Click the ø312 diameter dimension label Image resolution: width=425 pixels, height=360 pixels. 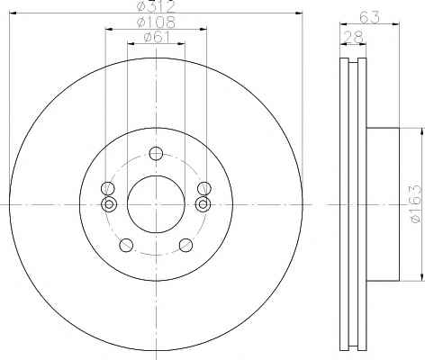pos(156,6)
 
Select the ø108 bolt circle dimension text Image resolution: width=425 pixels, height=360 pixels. pos(156,22)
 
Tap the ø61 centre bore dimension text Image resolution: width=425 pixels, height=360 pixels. pos(157,37)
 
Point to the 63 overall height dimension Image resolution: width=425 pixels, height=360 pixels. pos(369,17)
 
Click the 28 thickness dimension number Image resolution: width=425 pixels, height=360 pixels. pos(353,37)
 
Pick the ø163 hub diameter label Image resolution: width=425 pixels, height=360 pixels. pos(416,203)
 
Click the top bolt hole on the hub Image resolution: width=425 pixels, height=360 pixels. pos(156,153)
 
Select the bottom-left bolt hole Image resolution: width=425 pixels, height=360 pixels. pos(126,245)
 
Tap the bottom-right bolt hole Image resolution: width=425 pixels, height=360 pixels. pos(185,245)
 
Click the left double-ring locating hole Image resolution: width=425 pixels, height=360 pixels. pos(109,204)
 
